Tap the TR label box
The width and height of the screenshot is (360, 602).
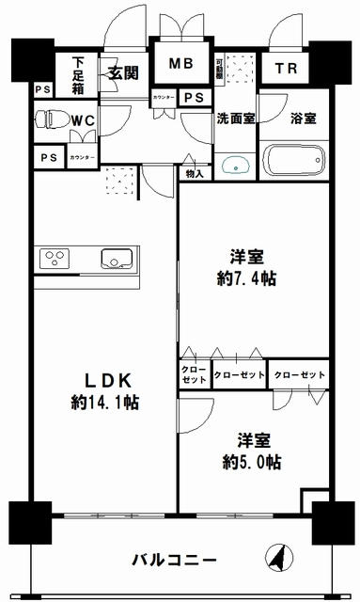pyautogui.click(x=284, y=68)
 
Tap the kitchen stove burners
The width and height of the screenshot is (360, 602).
pyautogui.click(x=53, y=258)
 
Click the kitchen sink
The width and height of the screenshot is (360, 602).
pyautogui.click(x=117, y=258)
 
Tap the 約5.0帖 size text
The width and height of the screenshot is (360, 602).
pyautogui.click(x=251, y=462)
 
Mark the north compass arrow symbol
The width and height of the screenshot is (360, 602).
pyautogui.click(x=277, y=558)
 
